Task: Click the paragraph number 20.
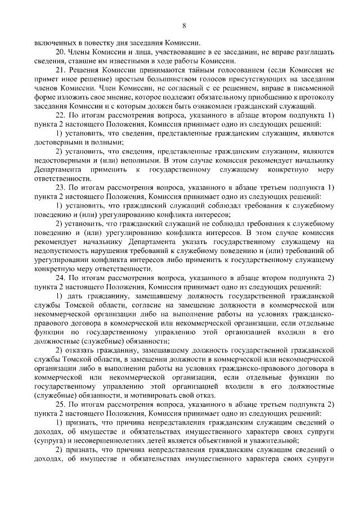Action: tap(62, 52)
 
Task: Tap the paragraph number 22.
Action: tap(62, 115)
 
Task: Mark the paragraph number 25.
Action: tap(62, 404)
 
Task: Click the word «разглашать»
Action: tap(312, 52)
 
